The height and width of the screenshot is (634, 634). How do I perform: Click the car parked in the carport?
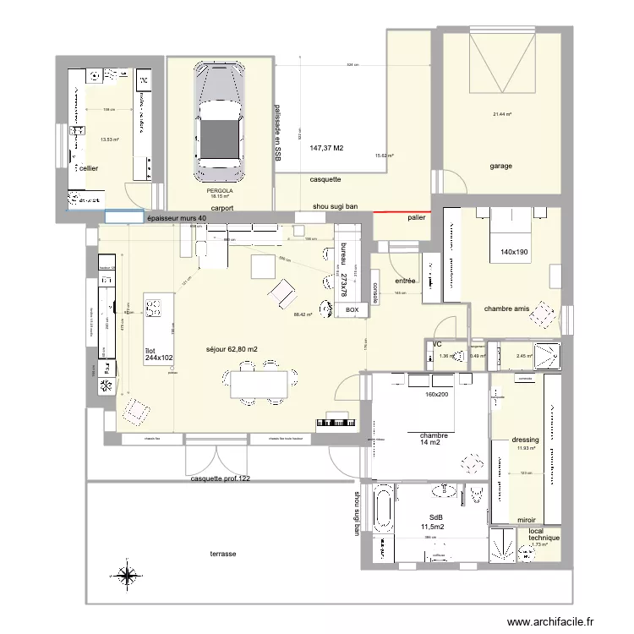tap(219, 119)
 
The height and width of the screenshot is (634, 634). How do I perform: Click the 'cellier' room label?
tap(88, 169)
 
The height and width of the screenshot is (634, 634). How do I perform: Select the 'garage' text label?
tap(500, 167)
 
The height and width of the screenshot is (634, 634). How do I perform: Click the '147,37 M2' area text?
tap(326, 148)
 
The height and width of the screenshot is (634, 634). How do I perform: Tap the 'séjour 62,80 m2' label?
tap(232, 349)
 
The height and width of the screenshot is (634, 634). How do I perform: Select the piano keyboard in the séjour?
tap(336, 421)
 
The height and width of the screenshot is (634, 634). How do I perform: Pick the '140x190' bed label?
tap(515, 253)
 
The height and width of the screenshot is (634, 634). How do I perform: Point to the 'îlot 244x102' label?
tap(158, 354)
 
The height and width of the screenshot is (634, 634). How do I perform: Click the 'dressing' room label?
tap(525, 440)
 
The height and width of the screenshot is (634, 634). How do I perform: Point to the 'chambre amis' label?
tap(506, 309)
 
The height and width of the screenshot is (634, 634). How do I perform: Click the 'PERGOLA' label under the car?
tap(219, 191)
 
